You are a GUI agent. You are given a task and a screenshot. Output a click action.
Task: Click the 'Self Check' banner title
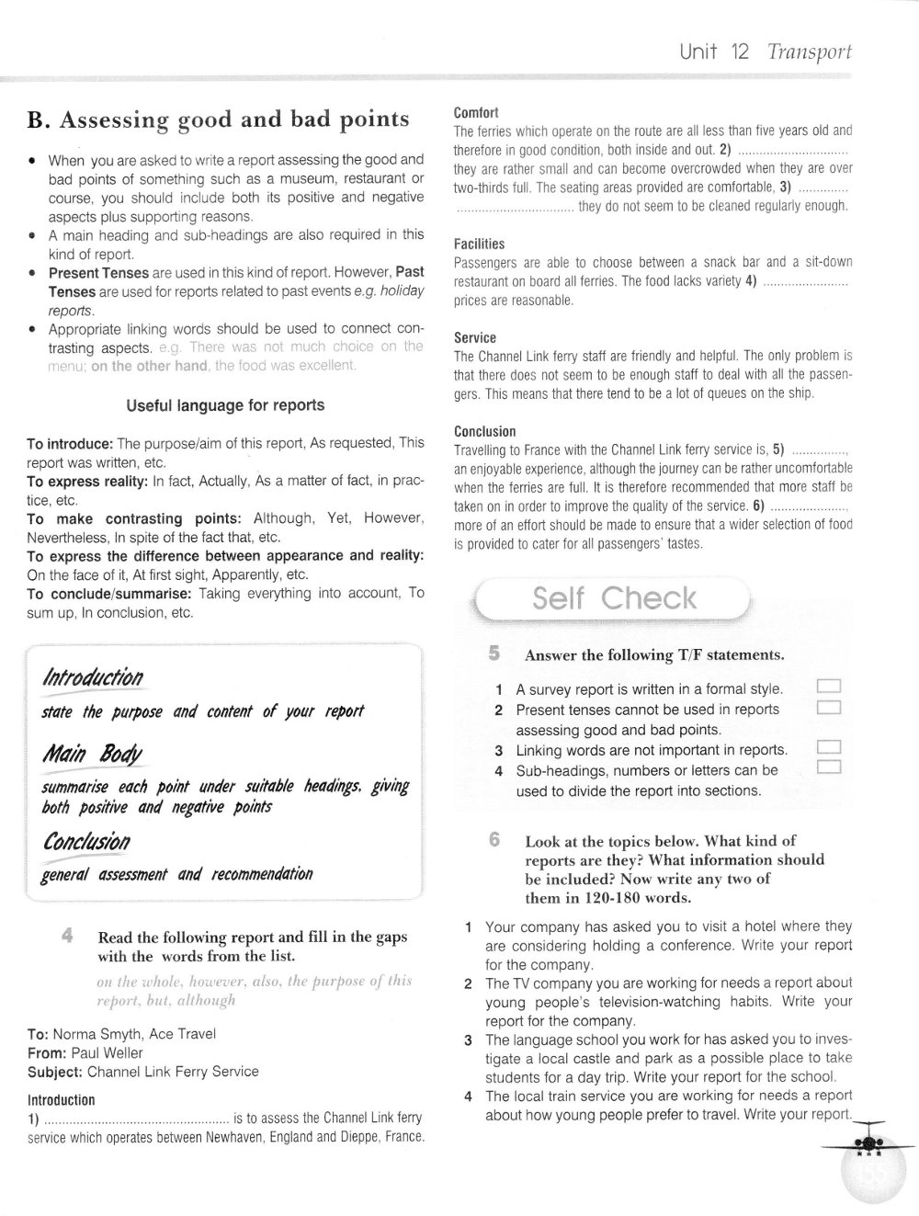(x=614, y=599)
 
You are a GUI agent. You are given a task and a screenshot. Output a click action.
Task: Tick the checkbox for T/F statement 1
(x=828, y=688)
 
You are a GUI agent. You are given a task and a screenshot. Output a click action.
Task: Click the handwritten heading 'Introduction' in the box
(x=93, y=678)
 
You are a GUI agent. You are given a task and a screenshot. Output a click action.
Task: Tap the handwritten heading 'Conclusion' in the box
(x=86, y=842)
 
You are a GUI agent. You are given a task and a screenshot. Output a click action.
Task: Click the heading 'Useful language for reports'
(x=225, y=405)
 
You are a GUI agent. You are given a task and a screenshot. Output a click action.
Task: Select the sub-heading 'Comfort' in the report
(x=476, y=112)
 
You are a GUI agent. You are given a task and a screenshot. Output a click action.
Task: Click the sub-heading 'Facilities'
(x=479, y=244)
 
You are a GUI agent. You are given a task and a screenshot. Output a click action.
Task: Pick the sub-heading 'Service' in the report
(x=474, y=337)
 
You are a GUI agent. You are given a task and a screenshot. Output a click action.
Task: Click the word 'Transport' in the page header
(x=809, y=51)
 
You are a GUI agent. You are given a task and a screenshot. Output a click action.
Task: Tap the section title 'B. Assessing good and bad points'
(x=218, y=119)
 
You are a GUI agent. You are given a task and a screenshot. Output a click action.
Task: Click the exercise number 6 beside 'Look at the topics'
(x=494, y=839)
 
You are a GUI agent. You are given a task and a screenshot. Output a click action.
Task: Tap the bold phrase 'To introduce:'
(x=70, y=443)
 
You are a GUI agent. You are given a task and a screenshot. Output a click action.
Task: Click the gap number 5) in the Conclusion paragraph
(x=777, y=450)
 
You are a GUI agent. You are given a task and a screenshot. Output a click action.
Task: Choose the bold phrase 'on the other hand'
(x=149, y=366)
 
